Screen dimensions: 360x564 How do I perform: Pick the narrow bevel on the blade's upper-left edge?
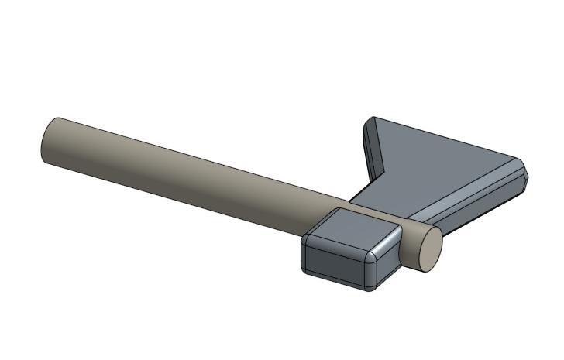click(x=372, y=147)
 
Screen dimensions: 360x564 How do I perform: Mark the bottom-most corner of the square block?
click(x=370, y=290)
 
